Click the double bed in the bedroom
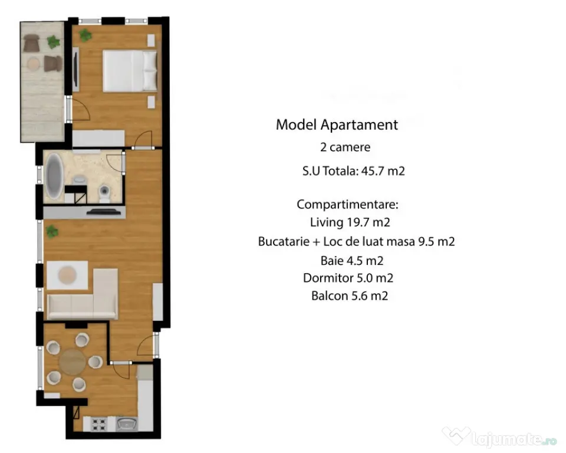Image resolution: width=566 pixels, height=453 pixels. [x=130, y=71]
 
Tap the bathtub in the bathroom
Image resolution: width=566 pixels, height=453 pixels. [x=54, y=176]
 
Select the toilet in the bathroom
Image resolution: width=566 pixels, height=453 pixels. [x=104, y=193]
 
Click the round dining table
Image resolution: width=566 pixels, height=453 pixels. [x=73, y=361]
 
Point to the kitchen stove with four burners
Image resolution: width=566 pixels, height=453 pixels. [x=98, y=424]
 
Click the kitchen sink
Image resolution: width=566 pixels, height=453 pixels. [x=127, y=424]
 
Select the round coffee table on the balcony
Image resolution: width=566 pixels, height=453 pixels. [x=33, y=64]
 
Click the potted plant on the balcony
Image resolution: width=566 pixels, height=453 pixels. [x=54, y=41]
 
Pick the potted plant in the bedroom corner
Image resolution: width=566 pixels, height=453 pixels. [x=85, y=35]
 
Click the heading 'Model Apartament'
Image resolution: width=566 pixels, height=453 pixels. [x=337, y=124]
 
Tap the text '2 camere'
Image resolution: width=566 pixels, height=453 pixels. [x=345, y=147]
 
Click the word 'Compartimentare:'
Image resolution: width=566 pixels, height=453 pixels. [x=347, y=205]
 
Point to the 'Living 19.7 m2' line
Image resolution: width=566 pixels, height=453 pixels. [x=350, y=222]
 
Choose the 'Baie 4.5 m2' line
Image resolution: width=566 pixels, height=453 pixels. [x=352, y=261]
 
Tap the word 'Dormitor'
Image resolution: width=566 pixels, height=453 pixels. [x=328, y=278]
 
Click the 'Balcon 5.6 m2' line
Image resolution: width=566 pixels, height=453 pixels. [x=350, y=296]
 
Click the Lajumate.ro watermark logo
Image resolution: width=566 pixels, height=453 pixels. [x=499, y=437]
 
